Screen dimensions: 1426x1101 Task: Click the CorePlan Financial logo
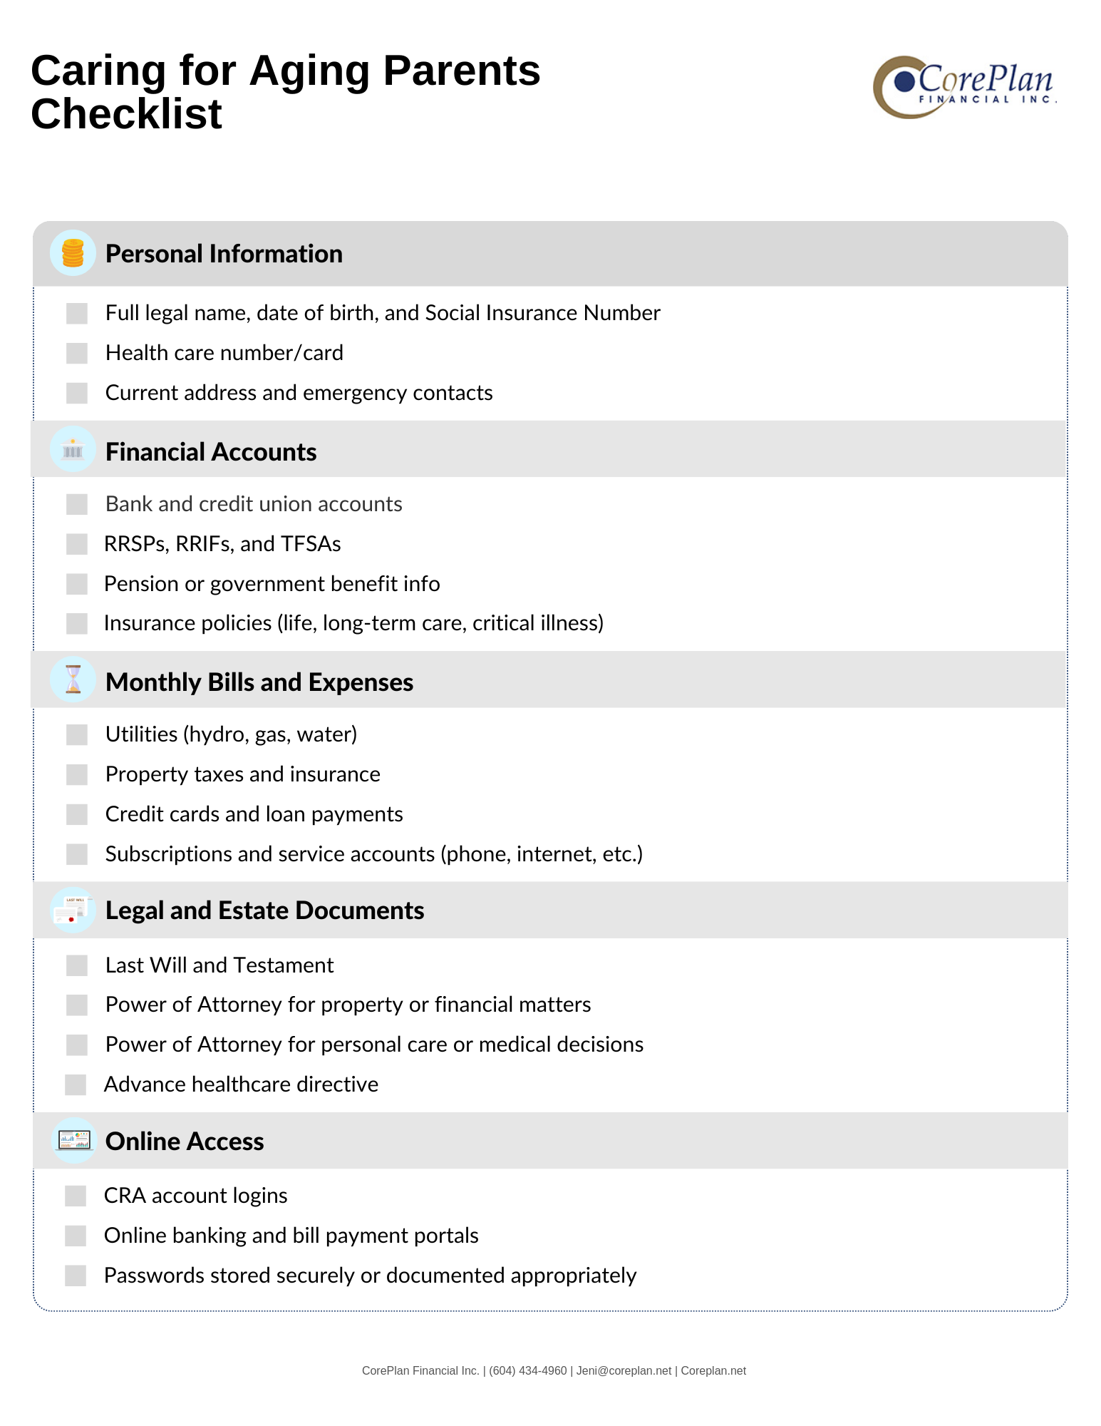(964, 87)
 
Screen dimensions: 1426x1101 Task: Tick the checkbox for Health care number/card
(77, 353)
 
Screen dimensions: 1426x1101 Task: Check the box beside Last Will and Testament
(77, 965)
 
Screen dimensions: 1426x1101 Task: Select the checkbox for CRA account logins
(76, 1196)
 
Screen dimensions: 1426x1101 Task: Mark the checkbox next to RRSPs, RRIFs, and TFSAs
(77, 544)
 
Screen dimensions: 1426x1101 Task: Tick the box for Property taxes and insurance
(77, 774)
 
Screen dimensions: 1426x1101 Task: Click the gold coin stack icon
(73, 253)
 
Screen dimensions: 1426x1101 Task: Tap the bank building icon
(73, 450)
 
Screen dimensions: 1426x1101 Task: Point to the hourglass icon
(73, 679)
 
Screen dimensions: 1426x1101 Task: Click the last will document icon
(73, 911)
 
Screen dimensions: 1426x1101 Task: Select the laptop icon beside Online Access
(74, 1141)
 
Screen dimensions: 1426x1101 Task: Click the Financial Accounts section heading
(211, 452)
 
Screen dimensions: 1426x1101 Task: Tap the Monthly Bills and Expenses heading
(259, 682)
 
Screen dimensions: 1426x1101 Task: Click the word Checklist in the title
(127, 114)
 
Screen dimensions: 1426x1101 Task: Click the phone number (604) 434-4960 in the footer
(527, 1370)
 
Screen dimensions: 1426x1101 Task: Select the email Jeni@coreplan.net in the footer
(624, 1370)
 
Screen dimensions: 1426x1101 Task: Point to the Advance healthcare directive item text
(241, 1084)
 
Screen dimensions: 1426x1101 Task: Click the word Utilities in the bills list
(141, 734)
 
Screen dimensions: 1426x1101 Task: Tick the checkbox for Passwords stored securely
(76, 1276)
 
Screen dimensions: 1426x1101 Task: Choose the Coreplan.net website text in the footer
(713, 1370)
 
